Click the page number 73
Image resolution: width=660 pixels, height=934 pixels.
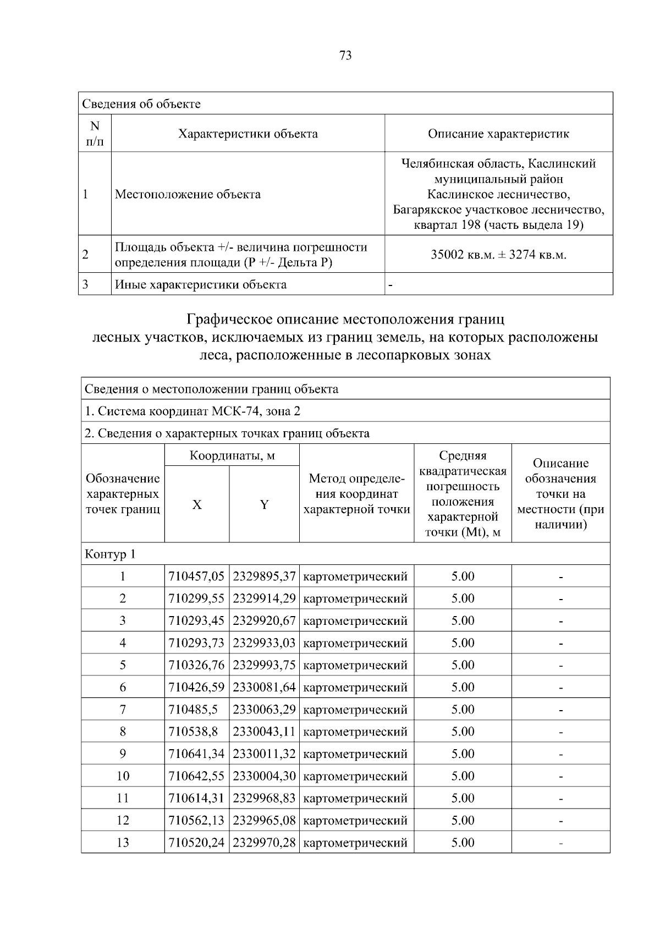(345, 56)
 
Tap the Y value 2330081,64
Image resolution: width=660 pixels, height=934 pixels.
(264, 687)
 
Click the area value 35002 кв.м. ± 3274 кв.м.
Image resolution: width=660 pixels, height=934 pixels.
(498, 255)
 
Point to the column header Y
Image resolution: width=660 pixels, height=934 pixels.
(264, 505)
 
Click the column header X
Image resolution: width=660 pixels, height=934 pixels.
(197, 505)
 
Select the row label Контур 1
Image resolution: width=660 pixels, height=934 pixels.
(110, 554)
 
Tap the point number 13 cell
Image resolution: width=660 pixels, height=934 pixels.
(123, 842)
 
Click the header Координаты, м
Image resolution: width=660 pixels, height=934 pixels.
(232, 455)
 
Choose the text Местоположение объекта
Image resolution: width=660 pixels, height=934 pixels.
(188, 194)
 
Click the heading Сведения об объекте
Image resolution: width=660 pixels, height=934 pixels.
(141, 104)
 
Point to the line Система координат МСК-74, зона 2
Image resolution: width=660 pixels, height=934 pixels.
(193, 411)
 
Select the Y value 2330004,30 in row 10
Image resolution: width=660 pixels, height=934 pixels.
(264, 776)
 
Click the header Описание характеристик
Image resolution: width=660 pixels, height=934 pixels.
(498, 134)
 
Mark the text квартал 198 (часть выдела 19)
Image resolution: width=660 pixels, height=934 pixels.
(498, 225)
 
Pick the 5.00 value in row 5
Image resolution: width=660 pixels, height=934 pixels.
(463, 665)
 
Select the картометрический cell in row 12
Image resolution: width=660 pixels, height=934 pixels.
(355, 820)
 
